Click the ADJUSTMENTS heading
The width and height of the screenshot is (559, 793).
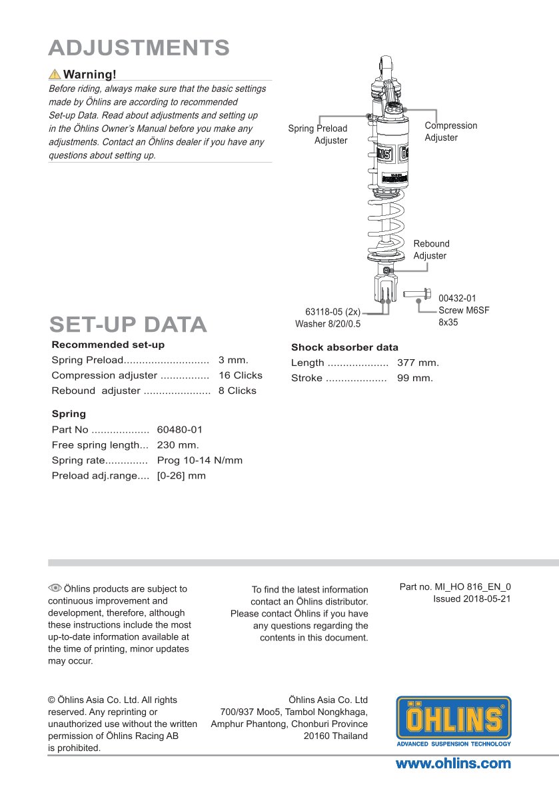(139, 48)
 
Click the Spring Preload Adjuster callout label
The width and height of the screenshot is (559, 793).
(318, 135)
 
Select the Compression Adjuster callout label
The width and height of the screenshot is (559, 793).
(450, 131)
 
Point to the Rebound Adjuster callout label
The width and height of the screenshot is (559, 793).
(431, 249)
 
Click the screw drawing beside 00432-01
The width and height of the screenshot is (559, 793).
(417, 294)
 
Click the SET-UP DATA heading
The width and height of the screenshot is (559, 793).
(128, 325)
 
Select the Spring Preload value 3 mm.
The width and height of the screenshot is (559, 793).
(233, 360)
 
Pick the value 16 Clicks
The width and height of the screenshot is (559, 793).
(241, 375)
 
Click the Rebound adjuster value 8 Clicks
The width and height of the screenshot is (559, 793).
(237, 391)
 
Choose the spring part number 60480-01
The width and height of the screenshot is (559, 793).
(179, 430)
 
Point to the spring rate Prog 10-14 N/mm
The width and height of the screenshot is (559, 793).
(199, 460)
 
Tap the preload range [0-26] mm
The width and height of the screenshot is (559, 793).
(181, 476)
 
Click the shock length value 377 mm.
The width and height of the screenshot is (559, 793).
(418, 363)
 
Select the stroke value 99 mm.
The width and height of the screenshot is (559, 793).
(414, 378)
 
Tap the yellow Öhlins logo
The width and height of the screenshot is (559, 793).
(454, 721)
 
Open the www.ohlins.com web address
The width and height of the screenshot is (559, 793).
(453, 764)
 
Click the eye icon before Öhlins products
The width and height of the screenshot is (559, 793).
(55, 588)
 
